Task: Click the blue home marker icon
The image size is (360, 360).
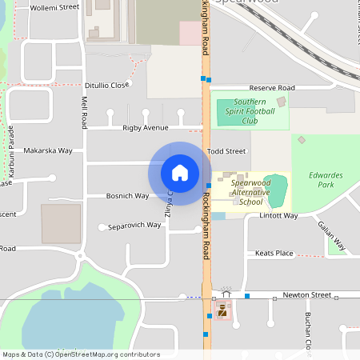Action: tap(180, 173)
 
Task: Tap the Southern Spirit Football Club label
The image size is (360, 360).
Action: tap(249, 112)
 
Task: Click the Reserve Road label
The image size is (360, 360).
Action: tap(272, 88)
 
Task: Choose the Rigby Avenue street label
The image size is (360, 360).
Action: tap(146, 128)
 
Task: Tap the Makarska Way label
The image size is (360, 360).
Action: tap(48, 150)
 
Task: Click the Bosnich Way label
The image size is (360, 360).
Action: tap(127, 196)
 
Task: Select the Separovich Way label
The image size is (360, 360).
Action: tap(134, 225)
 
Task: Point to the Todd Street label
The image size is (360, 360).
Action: tap(226, 150)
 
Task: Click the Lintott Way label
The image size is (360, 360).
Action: tap(278, 215)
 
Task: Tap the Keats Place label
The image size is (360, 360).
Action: tap(274, 253)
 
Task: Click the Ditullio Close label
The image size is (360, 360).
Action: tap(106, 85)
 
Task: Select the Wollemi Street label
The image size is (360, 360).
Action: tap(54, 7)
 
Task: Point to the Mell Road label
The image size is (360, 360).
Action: tap(84, 111)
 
